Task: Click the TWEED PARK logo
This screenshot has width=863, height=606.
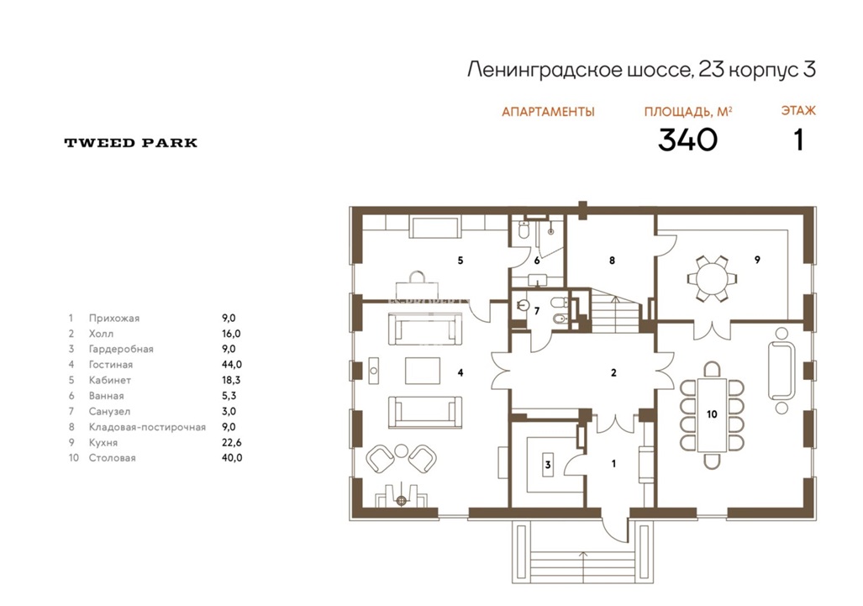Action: pos(130,143)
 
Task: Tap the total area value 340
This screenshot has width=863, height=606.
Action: pos(687,140)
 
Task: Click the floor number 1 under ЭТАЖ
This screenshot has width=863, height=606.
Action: pos(798,140)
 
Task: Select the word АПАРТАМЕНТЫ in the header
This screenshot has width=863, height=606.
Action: pos(548,112)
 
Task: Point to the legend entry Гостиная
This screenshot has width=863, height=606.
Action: pos(111,365)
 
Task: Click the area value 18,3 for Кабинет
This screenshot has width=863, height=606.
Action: pos(231,380)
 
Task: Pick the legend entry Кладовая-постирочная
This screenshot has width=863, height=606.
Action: pos(147,427)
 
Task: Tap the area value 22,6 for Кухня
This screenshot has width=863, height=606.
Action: pos(232,442)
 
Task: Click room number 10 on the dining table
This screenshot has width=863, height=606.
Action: pos(712,414)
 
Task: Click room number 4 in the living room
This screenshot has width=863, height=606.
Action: pos(460,372)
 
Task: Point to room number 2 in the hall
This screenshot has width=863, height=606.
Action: pos(613,372)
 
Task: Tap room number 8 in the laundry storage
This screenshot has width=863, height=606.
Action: pos(612,261)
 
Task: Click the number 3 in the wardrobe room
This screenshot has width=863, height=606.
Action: pos(548,465)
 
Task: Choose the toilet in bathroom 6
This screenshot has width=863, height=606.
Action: pos(524,230)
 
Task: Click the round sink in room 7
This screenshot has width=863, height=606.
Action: pos(524,305)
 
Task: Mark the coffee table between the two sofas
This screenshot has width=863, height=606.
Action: pos(423,371)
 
